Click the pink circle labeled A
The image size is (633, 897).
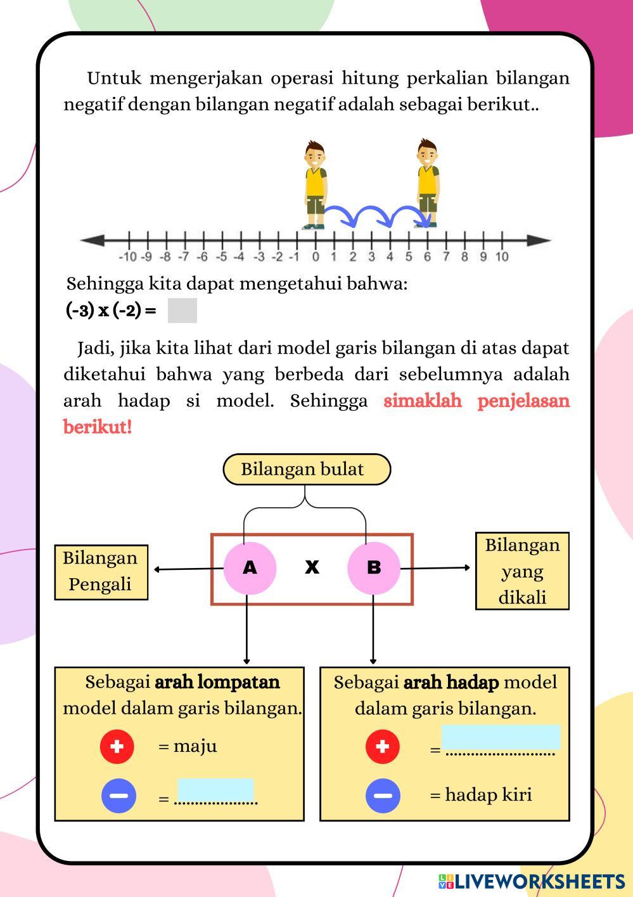click(250, 567)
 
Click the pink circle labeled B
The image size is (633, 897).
click(373, 567)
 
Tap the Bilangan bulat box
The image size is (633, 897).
click(307, 470)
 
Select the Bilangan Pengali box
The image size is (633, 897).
click(101, 572)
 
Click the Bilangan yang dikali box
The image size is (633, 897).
click(522, 571)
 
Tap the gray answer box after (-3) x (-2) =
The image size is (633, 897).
click(182, 311)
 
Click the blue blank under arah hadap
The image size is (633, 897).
click(501, 738)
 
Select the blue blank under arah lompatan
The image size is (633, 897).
click(215, 790)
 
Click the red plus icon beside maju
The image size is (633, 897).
click(117, 746)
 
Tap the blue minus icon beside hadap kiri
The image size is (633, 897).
click(383, 795)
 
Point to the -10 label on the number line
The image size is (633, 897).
click(127, 257)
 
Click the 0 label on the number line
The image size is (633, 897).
click(316, 257)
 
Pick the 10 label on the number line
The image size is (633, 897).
click(502, 257)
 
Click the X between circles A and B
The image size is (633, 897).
click(312, 567)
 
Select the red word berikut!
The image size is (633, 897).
click(98, 427)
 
